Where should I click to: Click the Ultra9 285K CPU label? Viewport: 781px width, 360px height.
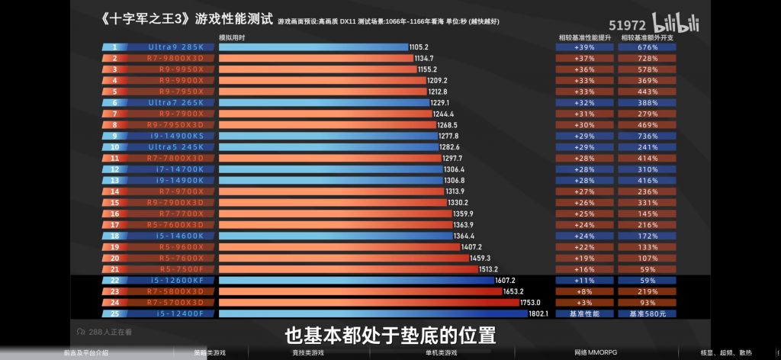coord(176,47)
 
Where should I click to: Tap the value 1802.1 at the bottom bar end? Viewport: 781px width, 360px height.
coord(538,313)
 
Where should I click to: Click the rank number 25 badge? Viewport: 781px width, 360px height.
coord(114,313)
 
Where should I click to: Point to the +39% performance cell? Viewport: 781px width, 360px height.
coord(585,47)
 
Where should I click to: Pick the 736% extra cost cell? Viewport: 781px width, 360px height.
coord(648,136)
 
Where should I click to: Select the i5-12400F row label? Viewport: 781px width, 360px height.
coord(176,313)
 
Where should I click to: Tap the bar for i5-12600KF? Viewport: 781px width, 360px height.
coord(357,280)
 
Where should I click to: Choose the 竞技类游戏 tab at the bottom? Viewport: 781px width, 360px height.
coord(308,353)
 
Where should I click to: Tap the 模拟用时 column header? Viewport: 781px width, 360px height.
coord(231,37)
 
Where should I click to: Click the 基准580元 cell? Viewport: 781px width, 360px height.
coord(648,313)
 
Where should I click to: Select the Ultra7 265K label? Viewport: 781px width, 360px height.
coord(176,102)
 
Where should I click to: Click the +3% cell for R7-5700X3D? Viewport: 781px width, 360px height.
coord(585,302)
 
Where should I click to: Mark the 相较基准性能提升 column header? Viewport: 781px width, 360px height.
coord(584,37)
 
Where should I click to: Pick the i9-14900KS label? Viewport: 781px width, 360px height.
coord(176,136)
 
